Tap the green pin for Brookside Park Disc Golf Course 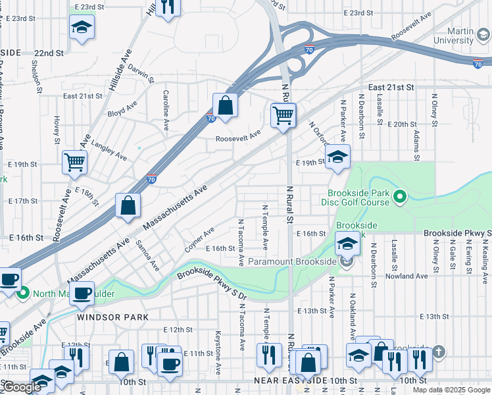pos(399,196)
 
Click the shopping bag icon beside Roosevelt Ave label pos(225,105)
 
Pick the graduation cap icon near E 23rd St pos(82,27)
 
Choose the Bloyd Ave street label pos(122,108)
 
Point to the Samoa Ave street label pos(148,255)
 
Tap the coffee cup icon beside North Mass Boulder pos(82,294)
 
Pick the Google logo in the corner pos(22,388)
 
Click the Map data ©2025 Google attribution pos(451,390)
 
